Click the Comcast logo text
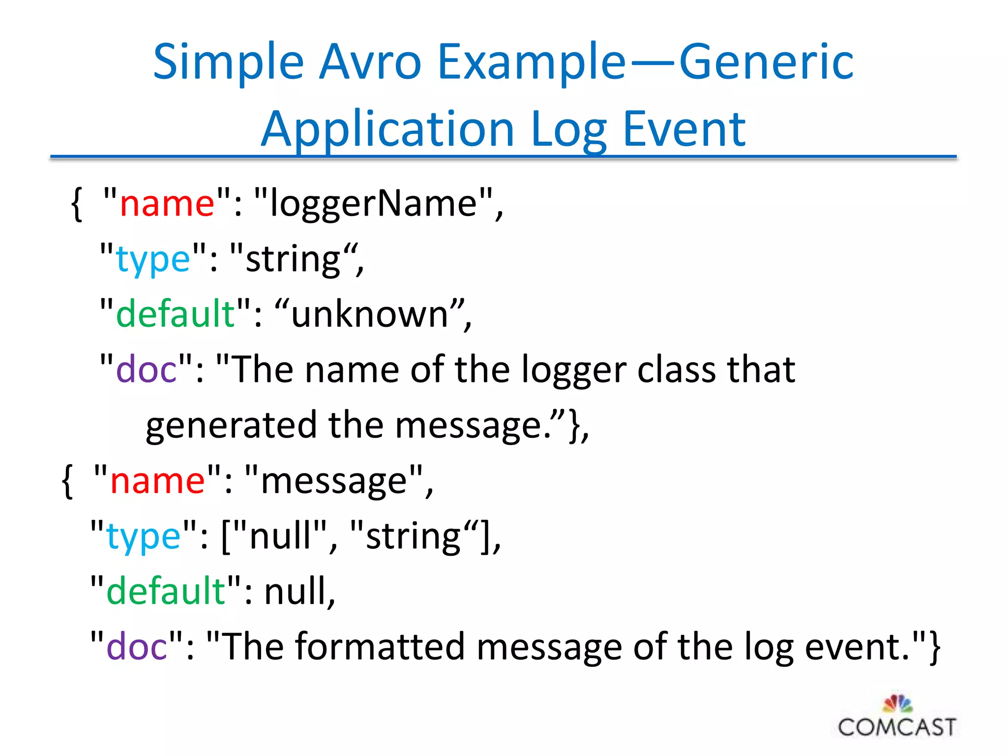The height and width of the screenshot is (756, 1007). point(896,727)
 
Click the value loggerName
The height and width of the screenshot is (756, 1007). point(374,203)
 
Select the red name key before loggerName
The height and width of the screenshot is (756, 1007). point(167,203)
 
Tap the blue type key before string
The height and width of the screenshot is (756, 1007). point(153,259)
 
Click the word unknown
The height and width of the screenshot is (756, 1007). point(370,314)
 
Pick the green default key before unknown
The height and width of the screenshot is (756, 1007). point(176,314)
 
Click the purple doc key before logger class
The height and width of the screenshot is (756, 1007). point(146,370)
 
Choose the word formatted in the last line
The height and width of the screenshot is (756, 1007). point(380,647)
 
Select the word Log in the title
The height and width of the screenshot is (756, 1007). point(568,129)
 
